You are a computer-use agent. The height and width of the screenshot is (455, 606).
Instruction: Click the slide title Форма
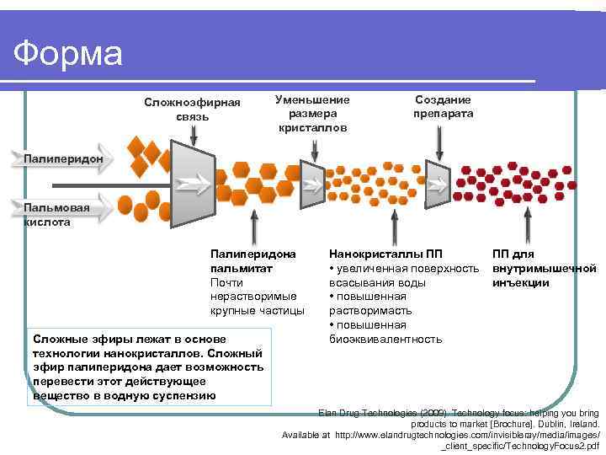tap(68, 55)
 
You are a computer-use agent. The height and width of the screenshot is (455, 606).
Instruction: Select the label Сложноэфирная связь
tap(192, 110)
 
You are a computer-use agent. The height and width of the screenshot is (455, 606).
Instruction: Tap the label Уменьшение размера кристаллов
tap(312, 113)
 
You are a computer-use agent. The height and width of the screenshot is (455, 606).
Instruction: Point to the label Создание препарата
tap(443, 106)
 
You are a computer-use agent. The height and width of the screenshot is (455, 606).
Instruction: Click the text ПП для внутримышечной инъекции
tap(544, 268)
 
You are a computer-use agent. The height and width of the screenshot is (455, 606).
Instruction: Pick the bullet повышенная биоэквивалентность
tap(385, 332)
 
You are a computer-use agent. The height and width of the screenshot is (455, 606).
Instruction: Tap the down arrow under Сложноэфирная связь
tap(194, 132)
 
